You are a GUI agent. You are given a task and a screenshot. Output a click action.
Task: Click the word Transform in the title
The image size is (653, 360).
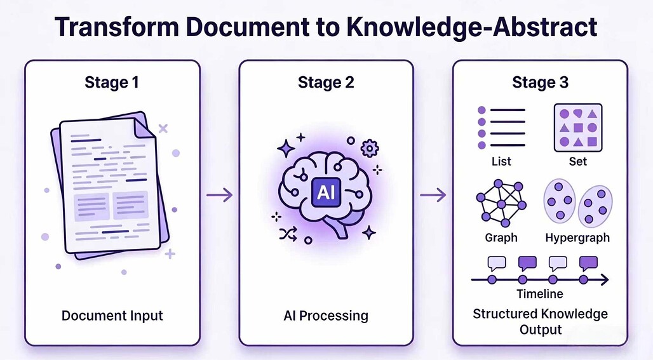[x=117, y=27]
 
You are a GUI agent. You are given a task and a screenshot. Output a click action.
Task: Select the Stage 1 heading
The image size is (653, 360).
[x=112, y=83]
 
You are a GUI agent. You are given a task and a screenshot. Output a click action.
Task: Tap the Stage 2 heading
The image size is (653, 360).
[x=326, y=83]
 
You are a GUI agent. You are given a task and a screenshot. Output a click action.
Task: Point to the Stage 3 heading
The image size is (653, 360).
[x=540, y=83]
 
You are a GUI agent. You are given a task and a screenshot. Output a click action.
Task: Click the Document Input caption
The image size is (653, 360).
[x=112, y=316]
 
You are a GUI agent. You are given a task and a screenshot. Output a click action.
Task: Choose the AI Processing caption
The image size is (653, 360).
[x=326, y=316]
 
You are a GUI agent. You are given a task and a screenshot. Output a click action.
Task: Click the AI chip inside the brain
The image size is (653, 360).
[x=326, y=192]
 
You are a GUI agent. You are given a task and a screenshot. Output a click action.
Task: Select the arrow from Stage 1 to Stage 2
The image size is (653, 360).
[x=220, y=194]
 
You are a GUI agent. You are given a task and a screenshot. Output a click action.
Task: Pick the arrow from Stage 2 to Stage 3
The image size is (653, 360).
[x=433, y=194]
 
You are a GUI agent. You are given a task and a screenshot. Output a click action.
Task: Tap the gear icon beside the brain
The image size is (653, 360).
[x=370, y=149]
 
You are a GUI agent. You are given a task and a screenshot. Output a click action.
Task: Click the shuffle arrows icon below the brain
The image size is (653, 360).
[x=288, y=234]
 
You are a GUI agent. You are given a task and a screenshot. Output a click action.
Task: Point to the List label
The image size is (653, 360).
[x=501, y=161]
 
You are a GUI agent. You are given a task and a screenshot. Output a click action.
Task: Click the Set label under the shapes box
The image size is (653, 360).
[x=577, y=161]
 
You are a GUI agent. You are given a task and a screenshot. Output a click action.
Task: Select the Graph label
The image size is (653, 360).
[x=501, y=237]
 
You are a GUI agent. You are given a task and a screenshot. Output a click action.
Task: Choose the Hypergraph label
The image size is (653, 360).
[x=577, y=237]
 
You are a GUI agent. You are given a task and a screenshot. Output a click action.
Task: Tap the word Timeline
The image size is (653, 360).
[x=540, y=294]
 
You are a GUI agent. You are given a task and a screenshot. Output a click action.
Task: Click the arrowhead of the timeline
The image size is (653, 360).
[x=604, y=279]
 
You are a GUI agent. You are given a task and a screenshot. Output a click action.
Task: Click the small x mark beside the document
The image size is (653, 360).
[x=163, y=129]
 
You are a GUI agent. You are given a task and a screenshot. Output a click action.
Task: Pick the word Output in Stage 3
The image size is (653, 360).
[x=541, y=330]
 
